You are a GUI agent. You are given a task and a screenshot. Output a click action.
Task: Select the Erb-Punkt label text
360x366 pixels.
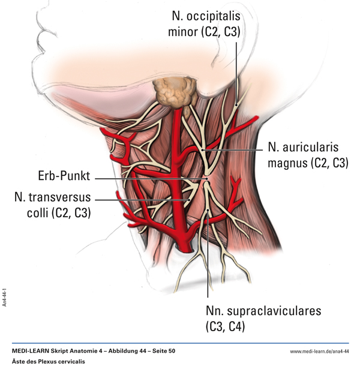coord(63,177)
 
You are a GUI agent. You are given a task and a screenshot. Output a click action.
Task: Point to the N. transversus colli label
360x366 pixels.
coord(53,204)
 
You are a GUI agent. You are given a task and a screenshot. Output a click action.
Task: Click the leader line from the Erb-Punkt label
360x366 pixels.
coord(150,178)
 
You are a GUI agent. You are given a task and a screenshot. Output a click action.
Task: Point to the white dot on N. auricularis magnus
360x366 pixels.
coord(204,148)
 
